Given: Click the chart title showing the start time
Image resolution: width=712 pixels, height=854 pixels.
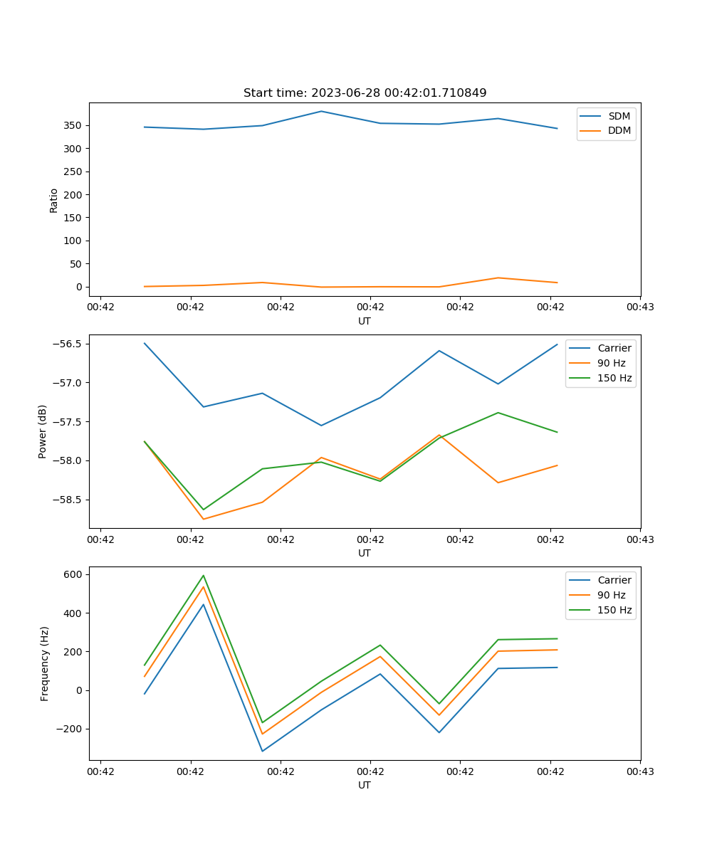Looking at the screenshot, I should pyautogui.click(x=365, y=93).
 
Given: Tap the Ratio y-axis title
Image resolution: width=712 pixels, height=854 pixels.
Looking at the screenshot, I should pyautogui.click(x=54, y=200).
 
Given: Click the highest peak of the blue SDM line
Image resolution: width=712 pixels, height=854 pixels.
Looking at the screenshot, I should pyautogui.click(x=321, y=111).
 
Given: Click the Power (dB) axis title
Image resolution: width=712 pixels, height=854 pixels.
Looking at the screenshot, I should pyautogui.click(x=43, y=431).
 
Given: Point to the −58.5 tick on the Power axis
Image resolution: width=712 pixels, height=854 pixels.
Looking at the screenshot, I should pyautogui.click(x=68, y=500).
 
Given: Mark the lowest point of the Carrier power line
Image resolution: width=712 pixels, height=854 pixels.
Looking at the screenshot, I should pyautogui.click(x=321, y=426).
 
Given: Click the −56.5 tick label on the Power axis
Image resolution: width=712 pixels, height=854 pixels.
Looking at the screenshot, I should pyautogui.click(x=68, y=344).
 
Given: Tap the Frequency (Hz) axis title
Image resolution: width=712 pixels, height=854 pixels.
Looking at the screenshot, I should pyautogui.click(x=44, y=663).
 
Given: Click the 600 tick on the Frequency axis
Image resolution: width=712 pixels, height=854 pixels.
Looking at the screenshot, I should pyautogui.click(x=74, y=574).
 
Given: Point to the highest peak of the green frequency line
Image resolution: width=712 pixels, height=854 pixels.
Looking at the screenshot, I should pyautogui.click(x=204, y=575).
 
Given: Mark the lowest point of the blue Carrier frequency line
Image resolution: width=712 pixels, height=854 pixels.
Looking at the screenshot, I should pyautogui.click(x=262, y=751).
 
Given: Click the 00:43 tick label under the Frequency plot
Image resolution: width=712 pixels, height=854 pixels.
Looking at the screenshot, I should pyautogui.click(x=640, y=771).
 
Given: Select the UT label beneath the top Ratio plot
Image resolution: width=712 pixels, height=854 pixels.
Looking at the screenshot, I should pyautogui.click(x=365, y=321).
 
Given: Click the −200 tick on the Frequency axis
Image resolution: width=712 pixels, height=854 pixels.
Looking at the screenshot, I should pyautogui.click(x=71, y=729).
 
